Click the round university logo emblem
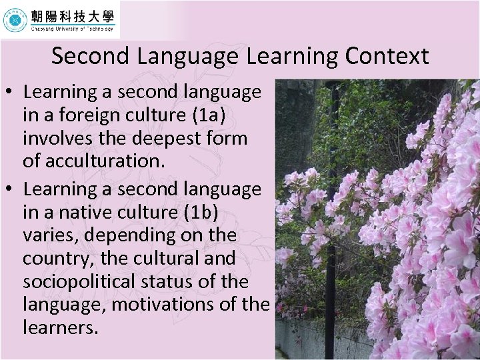tap(15, 21)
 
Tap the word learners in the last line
tap(60, 328)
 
